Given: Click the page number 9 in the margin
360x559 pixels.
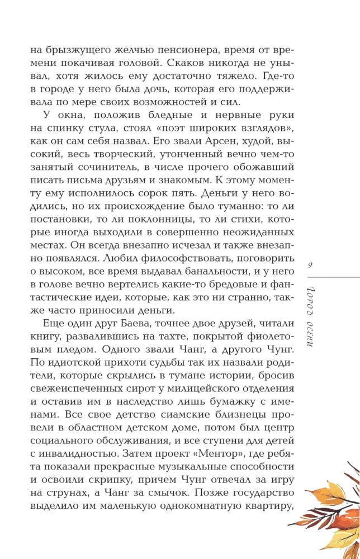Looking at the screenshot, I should tap(312, 266).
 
